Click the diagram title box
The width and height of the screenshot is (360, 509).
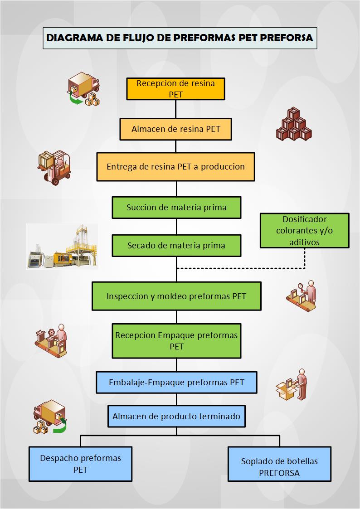[180, 38]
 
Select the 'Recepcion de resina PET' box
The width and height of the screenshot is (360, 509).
[176, 88]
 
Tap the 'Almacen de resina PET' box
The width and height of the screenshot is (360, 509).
[176, 129]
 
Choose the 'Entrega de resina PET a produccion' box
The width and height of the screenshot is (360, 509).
[176, 166]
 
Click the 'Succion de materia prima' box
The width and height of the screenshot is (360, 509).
[176, 208]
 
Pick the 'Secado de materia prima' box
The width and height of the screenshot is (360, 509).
[176, 246]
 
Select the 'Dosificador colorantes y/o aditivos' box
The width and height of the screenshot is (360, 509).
[304, 230]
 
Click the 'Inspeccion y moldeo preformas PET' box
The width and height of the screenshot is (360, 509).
[176, 296]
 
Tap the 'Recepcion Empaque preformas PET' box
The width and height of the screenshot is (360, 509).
[176, 341]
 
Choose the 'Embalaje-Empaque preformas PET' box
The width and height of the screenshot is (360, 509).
[176, 382]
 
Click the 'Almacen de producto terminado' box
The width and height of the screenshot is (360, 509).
[176, 416]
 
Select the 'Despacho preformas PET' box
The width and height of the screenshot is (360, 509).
[81, 464]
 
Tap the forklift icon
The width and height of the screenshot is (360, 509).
[54, 166]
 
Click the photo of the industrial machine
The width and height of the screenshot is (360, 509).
[61, 247]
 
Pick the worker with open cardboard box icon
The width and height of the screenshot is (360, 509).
[293, 384]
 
